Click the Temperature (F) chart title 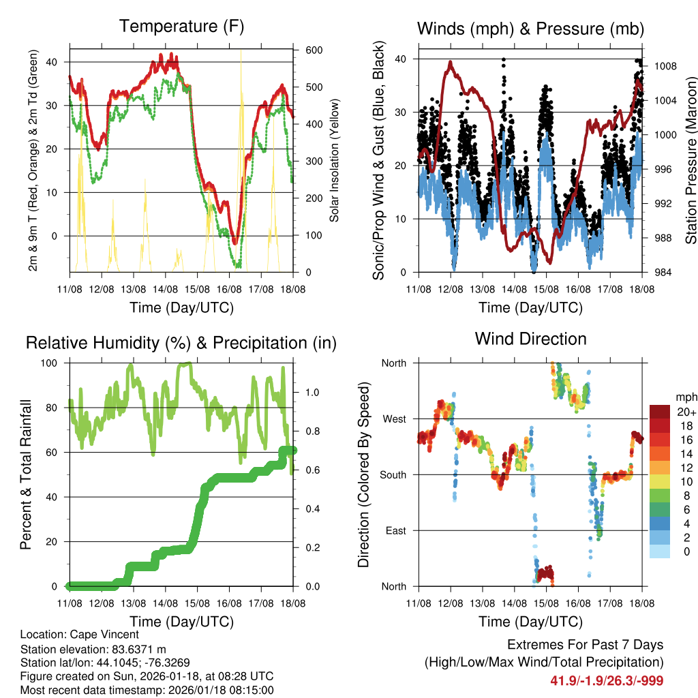181,27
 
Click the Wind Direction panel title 530,339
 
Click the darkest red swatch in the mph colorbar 662,412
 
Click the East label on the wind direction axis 395,530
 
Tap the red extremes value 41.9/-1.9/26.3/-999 607,681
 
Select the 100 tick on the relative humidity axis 55,363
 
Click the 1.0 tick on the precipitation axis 311,393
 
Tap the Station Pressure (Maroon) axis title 690,160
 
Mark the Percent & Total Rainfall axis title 26,474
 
